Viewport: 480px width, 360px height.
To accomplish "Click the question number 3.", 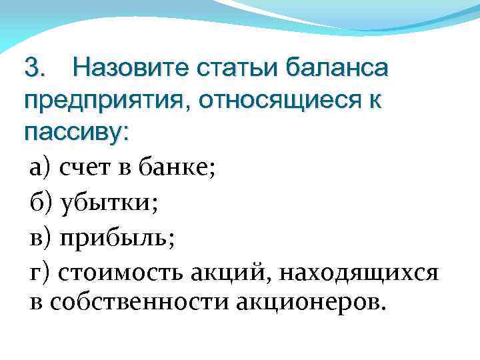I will (x=34, y=68).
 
